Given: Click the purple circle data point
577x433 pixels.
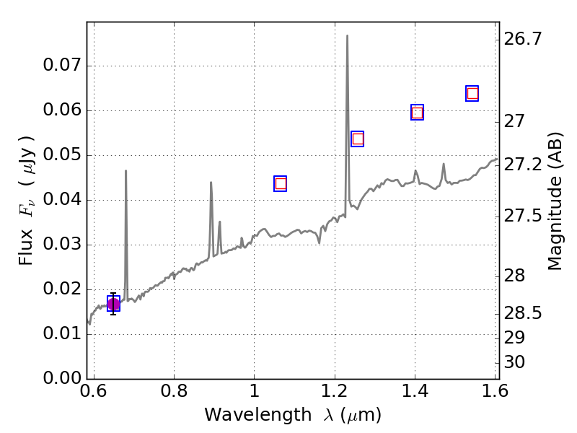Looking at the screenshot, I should click(x=113, y=304).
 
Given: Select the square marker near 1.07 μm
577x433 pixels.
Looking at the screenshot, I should click(x=281, y=183).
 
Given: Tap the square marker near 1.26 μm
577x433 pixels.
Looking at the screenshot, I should click(x=357, y=139).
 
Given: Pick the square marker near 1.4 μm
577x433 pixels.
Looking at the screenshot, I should click(x=417, y=112).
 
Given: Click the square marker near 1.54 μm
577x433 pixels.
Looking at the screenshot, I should click(x=472, y=93).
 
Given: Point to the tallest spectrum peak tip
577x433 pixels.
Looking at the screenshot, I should click(x=347, y=35).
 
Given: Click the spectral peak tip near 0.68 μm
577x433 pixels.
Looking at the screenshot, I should click(x=125, y=171).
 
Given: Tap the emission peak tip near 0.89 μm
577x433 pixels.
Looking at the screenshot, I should click(x=211, y=183).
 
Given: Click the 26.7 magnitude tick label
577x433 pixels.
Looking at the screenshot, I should click(x=524, y=39).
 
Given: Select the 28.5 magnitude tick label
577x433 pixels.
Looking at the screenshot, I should click(x=524, y=313).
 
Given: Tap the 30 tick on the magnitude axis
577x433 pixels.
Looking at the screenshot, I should click(x=517, y=362).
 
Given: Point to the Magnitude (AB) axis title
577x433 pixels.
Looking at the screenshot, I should click(x=555, y=201).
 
